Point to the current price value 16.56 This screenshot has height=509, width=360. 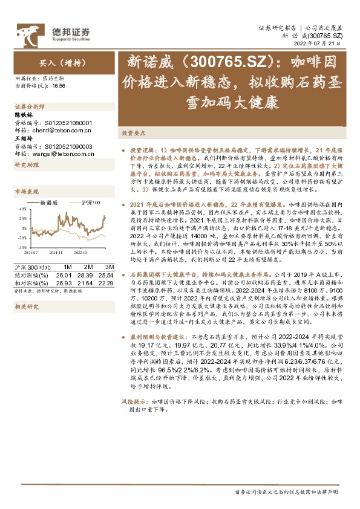tap(59, 86)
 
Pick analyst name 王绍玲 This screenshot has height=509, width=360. tap(23, 138)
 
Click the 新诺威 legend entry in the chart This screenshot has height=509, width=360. tap(48, 203)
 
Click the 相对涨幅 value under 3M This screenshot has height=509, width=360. tap(106, 281)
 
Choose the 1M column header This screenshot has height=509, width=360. tap(68, 267)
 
